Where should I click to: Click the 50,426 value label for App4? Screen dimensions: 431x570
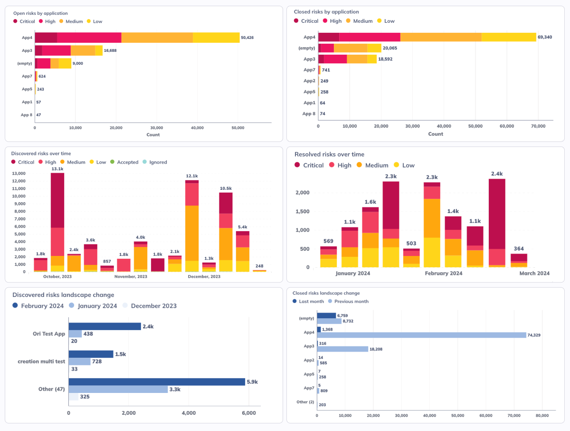[247, 38]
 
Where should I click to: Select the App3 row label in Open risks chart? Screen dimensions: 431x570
[27, 50]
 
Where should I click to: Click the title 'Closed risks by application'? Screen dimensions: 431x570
[326, 12]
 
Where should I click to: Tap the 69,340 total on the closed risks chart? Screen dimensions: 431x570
[544, 37]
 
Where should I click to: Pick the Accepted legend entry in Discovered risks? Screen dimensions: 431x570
[127, 162]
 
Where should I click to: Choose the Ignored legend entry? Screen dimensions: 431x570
[158, 162]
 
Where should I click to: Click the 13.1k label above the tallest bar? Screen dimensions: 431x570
[57, 169]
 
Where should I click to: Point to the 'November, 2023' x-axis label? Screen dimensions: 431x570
[132, 276]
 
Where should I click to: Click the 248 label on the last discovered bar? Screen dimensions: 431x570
[259, 266]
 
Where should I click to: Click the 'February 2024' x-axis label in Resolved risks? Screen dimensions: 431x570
[443, 274]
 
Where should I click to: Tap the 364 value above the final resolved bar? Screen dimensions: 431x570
[519, 249]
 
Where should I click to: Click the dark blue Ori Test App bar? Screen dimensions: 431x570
[104, 326]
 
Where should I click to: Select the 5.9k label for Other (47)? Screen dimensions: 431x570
[253, 382]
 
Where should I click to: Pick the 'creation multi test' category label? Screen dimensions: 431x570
[41, 362]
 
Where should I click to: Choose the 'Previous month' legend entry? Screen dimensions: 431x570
[351, 301]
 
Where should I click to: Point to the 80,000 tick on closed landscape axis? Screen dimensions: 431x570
[542, 416]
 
